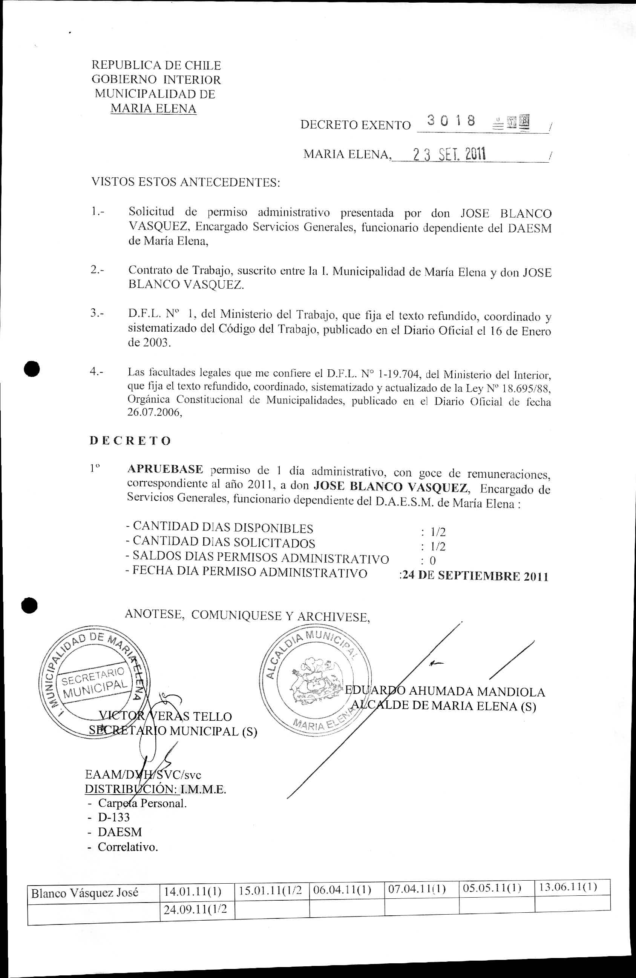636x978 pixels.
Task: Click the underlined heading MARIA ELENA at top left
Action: [153, 109]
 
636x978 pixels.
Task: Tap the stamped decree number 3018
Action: [451, 120]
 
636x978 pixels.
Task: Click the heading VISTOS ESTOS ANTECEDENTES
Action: [185, 181]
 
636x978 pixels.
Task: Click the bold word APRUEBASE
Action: [165, 469]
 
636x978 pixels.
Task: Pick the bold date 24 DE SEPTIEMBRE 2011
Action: [475, 576]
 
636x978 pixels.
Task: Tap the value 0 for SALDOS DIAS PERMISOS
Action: [433, 560]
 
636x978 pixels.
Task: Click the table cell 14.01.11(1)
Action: [193, 891]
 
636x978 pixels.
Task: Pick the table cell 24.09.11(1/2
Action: [195, 909]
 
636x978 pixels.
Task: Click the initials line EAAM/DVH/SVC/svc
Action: [143, 775]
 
